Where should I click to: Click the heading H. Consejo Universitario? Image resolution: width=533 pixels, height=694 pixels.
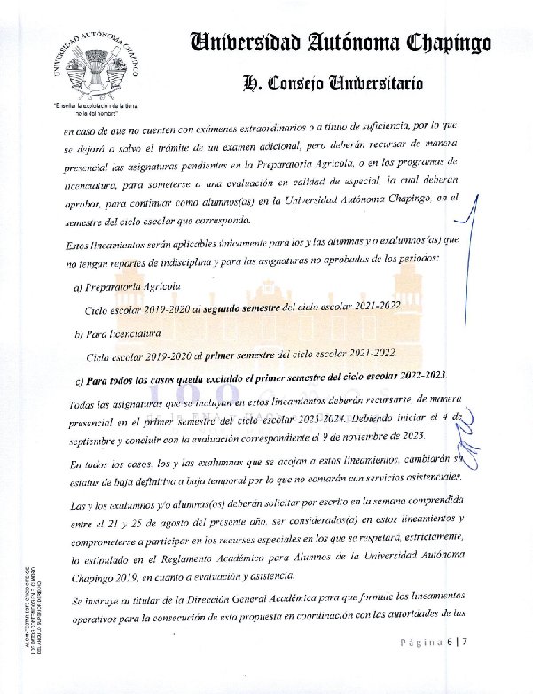point(332,83)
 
